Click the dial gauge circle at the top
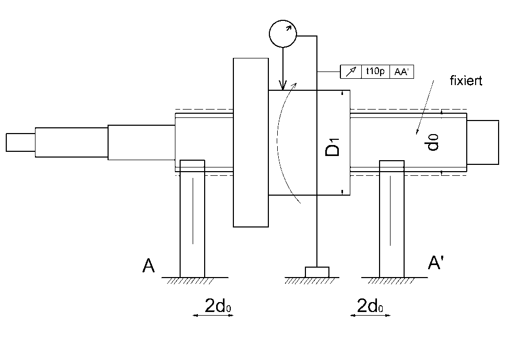282,34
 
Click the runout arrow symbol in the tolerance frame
350,71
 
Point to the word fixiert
466,82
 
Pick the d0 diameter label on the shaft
432,142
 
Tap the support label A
149,267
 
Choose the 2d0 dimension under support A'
370,307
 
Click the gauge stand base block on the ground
317,272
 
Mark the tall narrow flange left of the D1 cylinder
251,142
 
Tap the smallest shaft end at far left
20,142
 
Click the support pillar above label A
192,219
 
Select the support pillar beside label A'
392,219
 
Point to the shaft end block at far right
483,142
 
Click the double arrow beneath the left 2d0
212,316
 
